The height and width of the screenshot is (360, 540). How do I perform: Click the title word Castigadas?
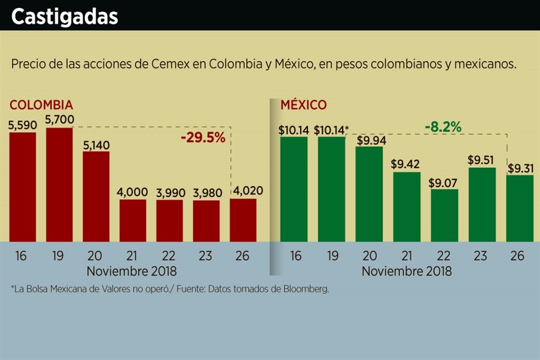tap(65, 17)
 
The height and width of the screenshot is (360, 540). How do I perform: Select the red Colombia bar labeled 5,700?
tap(60, 184)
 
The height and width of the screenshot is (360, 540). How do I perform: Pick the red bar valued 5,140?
tap(96, 196)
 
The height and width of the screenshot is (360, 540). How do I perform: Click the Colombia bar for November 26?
tap(243, 220)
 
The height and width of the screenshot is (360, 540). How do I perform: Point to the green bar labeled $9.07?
tap(444, 215)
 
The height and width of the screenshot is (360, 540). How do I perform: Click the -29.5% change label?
tap(202, 138)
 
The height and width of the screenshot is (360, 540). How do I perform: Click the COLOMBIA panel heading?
tap(41, 105)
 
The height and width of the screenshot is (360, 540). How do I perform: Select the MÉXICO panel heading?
tap(304, 105)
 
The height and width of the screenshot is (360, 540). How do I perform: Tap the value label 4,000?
tap(133, 192)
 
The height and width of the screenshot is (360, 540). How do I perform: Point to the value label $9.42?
tap(407, 165)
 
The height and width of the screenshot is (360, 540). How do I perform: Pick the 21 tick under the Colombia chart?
tap(133, 256)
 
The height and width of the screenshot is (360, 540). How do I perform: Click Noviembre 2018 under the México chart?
tap(407, 271)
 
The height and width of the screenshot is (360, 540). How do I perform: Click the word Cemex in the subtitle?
tap(166, 64)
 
